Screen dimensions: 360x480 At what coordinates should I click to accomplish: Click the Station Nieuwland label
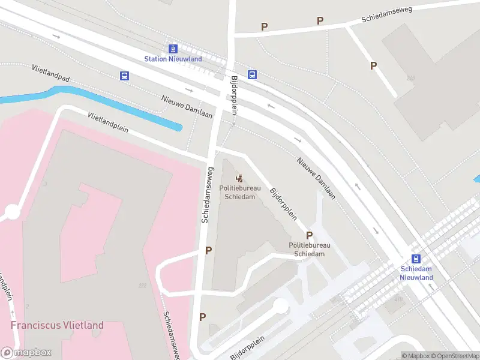click(173, 59)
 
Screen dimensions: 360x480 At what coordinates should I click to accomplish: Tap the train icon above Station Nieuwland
click(173, 49)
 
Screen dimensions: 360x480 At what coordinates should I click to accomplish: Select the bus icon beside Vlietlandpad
click(124, 76)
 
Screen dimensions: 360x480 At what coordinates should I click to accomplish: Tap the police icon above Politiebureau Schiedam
click(239, 178)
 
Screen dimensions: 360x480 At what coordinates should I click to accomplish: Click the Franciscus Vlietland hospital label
click(57, 325)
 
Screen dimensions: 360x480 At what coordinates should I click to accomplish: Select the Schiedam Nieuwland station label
click(416, 273)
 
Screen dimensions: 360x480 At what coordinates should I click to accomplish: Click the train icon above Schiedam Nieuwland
click(416, 259)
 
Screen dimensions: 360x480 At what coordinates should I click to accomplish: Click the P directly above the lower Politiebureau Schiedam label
click(310, 236)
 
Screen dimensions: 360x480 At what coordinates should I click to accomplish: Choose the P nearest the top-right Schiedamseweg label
click(320, 21)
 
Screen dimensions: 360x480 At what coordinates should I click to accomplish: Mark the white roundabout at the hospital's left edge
click(12, 212)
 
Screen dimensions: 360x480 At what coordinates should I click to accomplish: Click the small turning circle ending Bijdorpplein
click(280, 306)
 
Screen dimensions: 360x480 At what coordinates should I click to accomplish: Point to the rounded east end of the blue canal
click(178, 127)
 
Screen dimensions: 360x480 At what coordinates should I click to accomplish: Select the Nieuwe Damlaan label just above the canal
click(187, 107)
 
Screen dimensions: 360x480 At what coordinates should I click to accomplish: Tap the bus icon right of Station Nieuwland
click(253, 75)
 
